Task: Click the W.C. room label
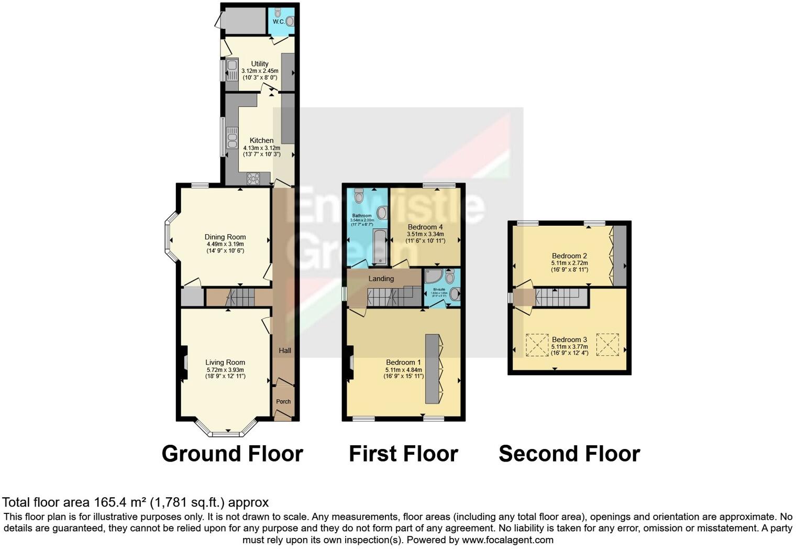278,22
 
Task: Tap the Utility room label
260,64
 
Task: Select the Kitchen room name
261,140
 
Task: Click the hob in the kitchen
253,178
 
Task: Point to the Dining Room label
225,237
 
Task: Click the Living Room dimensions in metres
225,369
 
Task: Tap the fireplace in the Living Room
183,362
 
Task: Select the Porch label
283,402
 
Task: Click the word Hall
285,350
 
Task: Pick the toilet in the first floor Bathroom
359,195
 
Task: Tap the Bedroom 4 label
425,227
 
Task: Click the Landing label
381,279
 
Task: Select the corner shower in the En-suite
433,276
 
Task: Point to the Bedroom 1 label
403,363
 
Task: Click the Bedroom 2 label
569,256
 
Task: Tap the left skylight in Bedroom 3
537,345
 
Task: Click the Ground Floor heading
232,454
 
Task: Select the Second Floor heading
569,454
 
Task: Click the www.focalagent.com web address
507,540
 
